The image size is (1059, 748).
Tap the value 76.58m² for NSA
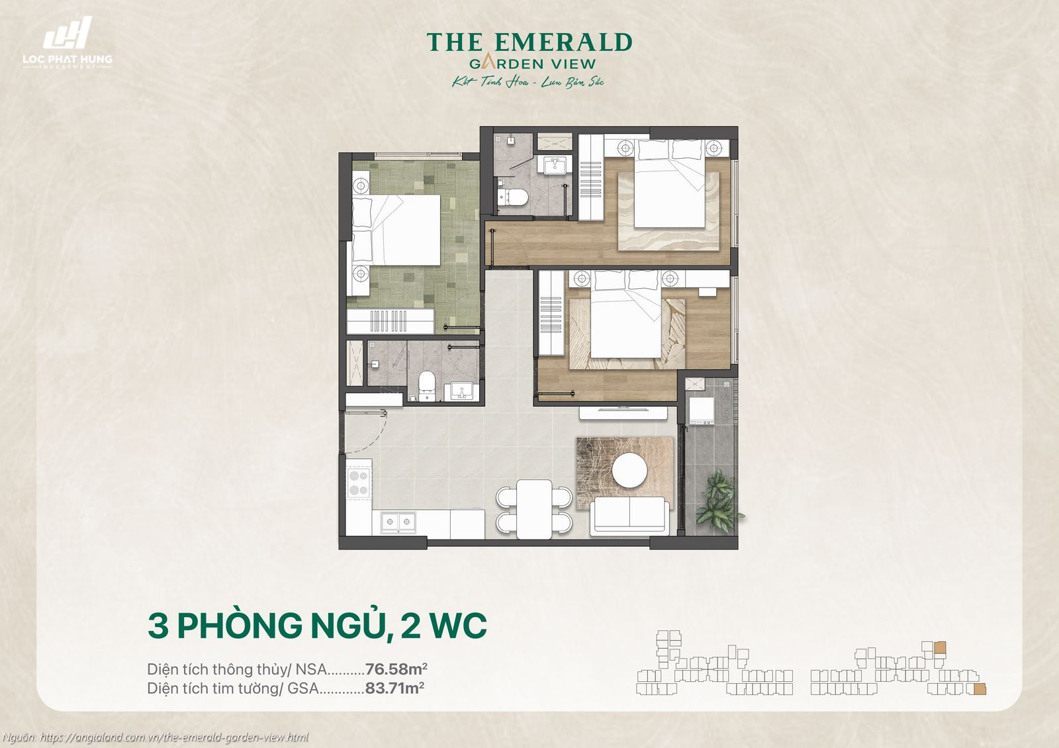pos(396,669)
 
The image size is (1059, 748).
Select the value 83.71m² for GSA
pos(394,688)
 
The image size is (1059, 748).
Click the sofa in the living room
pos(629,515)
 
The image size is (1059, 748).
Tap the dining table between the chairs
pos(534,509)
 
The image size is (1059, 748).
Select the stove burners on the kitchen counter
pos(359,482)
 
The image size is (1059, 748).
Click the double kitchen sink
pos(398,522)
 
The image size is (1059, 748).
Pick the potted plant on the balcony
pos(718,501)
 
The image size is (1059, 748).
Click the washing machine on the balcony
pos(701,411)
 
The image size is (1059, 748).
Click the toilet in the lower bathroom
pos(428,386)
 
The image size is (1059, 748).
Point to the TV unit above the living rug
pos(623,411)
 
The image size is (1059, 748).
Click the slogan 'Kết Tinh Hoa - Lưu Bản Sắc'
pos(528,82)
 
